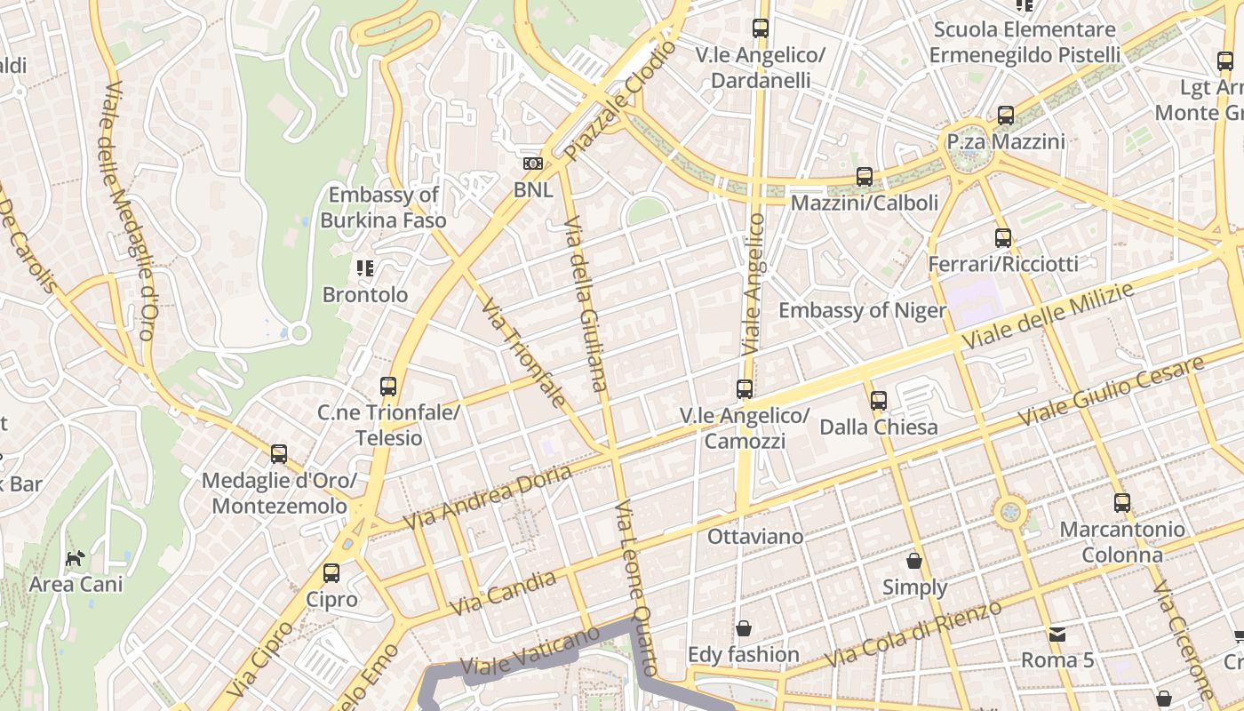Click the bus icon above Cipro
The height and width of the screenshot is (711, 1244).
[x=331, y=573]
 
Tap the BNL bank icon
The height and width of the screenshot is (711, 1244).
[x=533, y=164]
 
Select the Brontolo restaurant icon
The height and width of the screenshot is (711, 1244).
[x=364, y=268]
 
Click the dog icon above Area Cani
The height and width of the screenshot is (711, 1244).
[x=76, y=558]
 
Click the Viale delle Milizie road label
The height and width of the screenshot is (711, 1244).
[x=1049, y=316]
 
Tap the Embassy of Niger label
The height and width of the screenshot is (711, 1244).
[x=862, y=310]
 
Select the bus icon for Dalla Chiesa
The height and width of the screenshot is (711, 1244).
[x=879, y=401]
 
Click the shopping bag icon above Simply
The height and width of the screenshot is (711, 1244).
[x=914, y=561]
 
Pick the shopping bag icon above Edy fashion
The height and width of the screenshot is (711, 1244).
[x=744, y=628]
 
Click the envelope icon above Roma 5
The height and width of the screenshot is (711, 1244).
[x=1057, y=634]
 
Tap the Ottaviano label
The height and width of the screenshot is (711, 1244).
[x=755, y=537]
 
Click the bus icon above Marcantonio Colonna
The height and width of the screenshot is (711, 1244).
[x=1122, y=503]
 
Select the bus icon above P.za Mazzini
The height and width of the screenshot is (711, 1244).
[x=1006, y=116]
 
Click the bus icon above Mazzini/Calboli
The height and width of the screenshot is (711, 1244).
[x=865, y=177]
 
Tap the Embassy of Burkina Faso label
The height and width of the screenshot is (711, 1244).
[x=383, y=207]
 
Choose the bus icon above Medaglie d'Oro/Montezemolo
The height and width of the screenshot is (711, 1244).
[x=279, y=454]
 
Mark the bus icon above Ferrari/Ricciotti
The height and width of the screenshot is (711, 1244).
[x=1003, y=238]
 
